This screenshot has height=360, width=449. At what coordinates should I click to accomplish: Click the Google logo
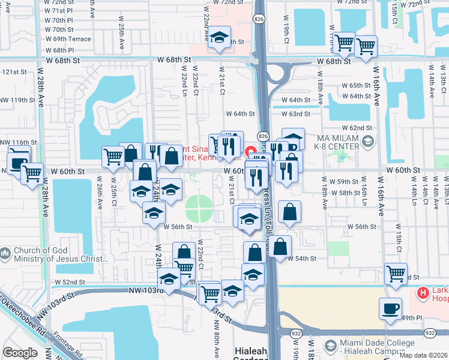pos(20,353)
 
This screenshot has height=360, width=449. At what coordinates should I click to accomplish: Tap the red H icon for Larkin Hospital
pos(423,294)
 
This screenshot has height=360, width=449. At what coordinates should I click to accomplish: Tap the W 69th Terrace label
pos(67,39)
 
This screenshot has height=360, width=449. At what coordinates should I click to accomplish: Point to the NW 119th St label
pos(14,100)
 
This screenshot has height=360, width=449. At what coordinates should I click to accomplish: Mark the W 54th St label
pos(302,259)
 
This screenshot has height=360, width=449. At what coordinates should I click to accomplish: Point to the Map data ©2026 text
pos(424,355)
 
